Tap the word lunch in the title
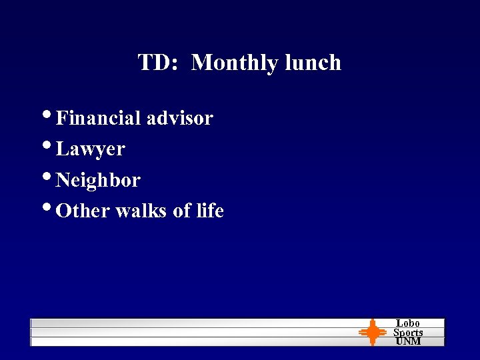pos(313,63)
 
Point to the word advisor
pos(179,118)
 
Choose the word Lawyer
pos(91,149)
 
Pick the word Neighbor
pos(99,180)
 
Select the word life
pos(210,211)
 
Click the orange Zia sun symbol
pos(373,332)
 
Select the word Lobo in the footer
pos(408,323)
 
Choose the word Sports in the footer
pos(408,332)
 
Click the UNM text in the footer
pos(408,341)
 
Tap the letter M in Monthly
pos(200,63)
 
